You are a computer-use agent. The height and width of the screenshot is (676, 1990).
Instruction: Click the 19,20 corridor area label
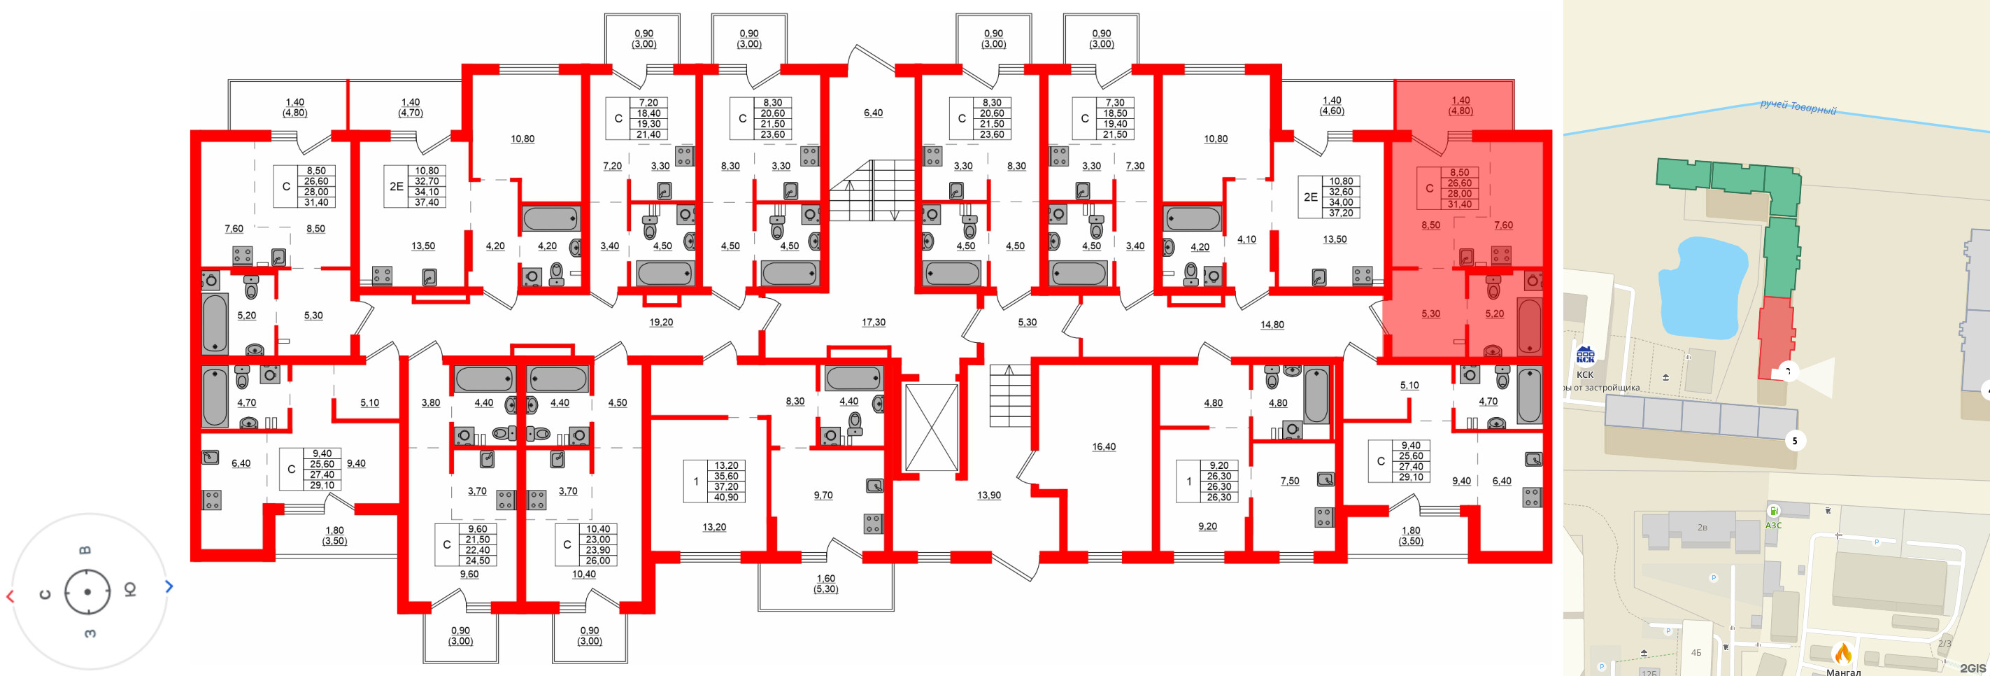(x=660, y=322)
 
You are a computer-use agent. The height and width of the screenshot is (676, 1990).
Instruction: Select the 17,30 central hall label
(x=873, y=322)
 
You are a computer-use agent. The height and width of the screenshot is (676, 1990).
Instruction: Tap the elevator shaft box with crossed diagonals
(x=931, y=428)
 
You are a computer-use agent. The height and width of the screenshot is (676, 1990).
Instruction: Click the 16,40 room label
(x=1103, y=446)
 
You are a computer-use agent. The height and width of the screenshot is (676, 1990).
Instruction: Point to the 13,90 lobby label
(x=988, y=495)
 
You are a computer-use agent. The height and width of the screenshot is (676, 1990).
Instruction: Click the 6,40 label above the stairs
(x=873, y=113)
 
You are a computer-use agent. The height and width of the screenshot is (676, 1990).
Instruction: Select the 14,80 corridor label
(x=1272, y=325)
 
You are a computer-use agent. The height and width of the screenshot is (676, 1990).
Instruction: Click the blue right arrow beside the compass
(x=169, y=586)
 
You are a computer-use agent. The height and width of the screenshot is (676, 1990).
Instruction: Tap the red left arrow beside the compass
(x=10, y=596)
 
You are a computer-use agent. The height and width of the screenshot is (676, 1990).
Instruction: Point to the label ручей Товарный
(x=1798, y=107)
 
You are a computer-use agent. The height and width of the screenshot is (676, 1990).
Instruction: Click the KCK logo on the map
(x=1585, y=355)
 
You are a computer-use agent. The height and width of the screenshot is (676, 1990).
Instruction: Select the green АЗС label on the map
(x=1773, y=525)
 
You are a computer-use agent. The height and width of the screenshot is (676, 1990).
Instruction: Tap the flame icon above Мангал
(x=1843, y=654)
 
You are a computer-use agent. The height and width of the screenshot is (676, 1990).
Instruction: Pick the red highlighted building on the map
(x=1775, y=337)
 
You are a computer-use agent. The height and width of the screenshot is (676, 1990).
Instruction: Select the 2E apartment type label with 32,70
(x=397, y=186)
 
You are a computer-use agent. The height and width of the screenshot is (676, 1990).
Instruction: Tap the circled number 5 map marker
(x=1795, y=440)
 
